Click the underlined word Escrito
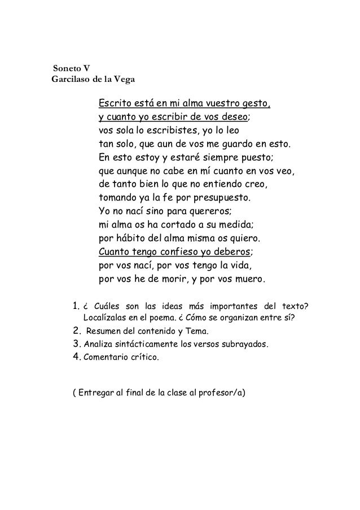(115, 103)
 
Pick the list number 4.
(77, 357)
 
